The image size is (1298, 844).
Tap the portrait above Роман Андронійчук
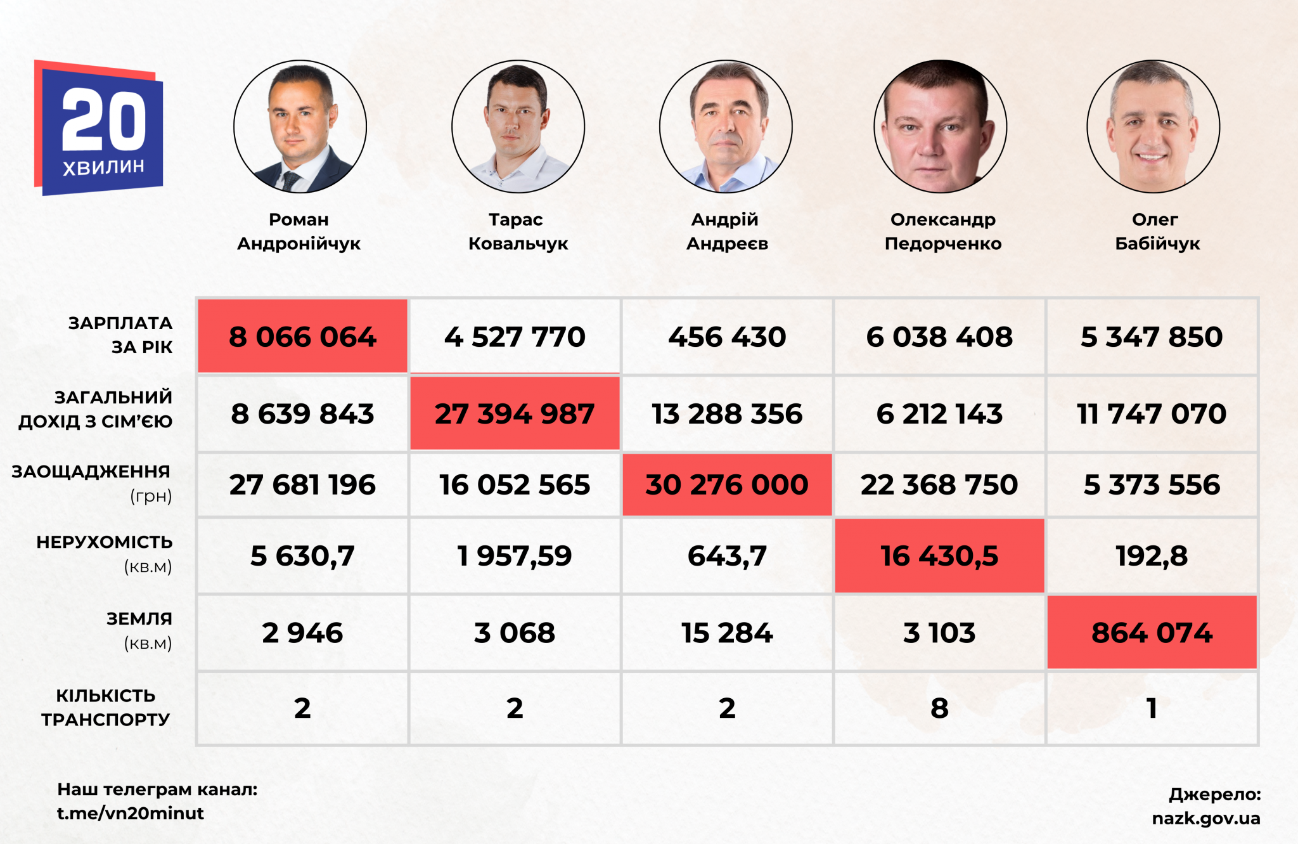pyautogui.click(x=300, y=127)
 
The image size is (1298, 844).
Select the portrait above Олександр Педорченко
pyautogui.click(x=940, y=127)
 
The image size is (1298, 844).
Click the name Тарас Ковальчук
pyautogui.click(x=517, y=231)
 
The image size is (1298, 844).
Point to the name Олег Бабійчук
pyautogui.click(x=1157, y=231)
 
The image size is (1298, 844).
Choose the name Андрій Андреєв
pyautogui.click(x=726, y=231)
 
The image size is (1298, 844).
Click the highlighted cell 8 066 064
pyautogui.click(x=302, y=337)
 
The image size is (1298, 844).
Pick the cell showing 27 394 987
pyautogui.click(x=515, y=413)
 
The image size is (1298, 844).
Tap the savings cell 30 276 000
pyautogui.click(x=727, y=485)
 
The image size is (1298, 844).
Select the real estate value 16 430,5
pyautogui.click(x=939, y=556)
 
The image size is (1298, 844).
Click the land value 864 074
pyautogui.click(x=1152, y=633)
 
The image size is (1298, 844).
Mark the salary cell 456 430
pyautogui.click(x=727, y=337)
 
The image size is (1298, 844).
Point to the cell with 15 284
pyautogui.click(x=727, y=633)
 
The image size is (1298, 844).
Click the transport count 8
pyautogui.click(x=939, y=708)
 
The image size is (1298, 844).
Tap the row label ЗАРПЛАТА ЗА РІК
pyautogui.click(x=120, y=335)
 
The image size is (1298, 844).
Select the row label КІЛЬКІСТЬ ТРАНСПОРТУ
pyautogui.click(x=106, y=707)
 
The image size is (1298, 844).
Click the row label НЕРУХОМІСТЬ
pyautogui.click(x=105, y=543)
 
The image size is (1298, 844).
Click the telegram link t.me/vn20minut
pyautogui.click(x=131, y=813)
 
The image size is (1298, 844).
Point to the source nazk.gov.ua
pyautogui.click(x=1205, y=818)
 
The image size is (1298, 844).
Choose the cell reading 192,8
pyautogui.click(x=1152, y=556)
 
